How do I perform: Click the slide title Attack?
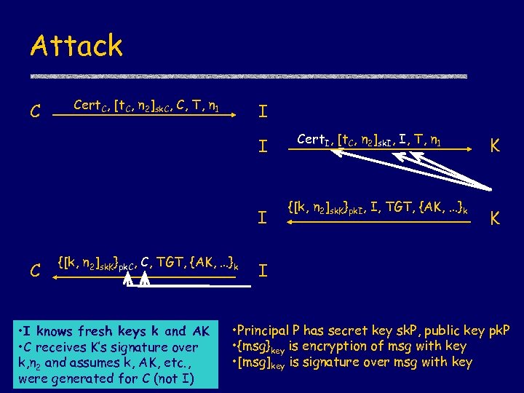pos(76,46)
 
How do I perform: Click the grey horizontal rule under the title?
pos(247,76)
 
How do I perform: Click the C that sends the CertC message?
pos(33,112)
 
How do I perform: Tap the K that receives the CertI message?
pos(494,146)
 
